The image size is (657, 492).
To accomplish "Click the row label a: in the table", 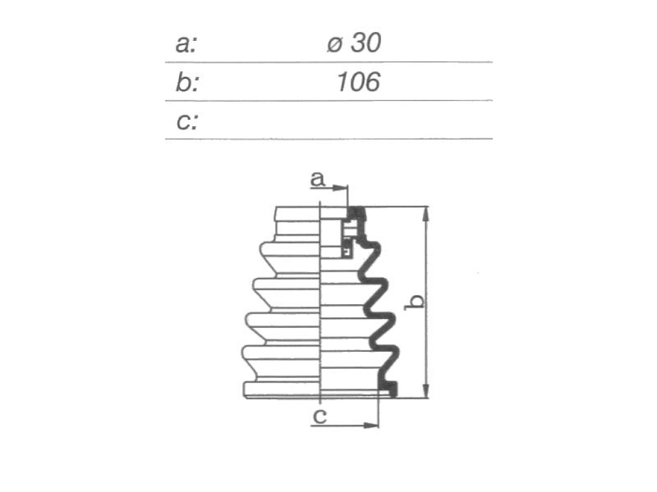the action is tap(186, 44).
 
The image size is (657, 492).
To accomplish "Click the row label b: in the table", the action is tap(187, 81).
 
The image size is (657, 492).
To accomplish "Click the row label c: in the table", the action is tap(187, 121).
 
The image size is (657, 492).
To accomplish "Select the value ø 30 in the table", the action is tap(354, 43).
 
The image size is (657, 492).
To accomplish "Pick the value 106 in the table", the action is tap(358, 81).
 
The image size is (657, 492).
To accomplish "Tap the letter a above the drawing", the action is tap(318, 179).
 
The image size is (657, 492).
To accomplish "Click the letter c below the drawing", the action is tap(320, 416).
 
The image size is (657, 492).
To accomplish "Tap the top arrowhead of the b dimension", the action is tap(426, 214).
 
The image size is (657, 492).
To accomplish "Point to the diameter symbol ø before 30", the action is tap(334, 44).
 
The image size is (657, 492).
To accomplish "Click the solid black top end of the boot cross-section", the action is tap(356, 213).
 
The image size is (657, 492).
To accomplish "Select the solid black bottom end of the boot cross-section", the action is tap(388, 389).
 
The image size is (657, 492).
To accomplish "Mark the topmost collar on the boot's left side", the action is tap(297, 213).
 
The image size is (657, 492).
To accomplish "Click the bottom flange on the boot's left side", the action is tap(282, 389).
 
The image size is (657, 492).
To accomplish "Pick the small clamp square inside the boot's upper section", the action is tap(346, 251).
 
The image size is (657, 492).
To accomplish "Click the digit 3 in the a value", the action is tap(359, 43).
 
